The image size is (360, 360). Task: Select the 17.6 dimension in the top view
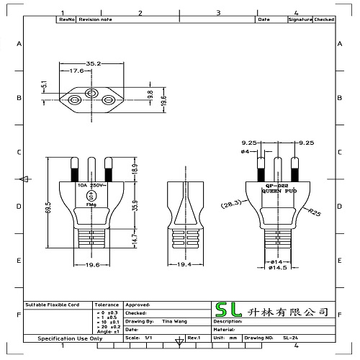(76, 71)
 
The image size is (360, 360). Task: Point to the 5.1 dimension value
(44, 85)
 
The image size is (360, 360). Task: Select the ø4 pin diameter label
(245, 152)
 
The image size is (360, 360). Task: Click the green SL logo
(230, 311)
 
